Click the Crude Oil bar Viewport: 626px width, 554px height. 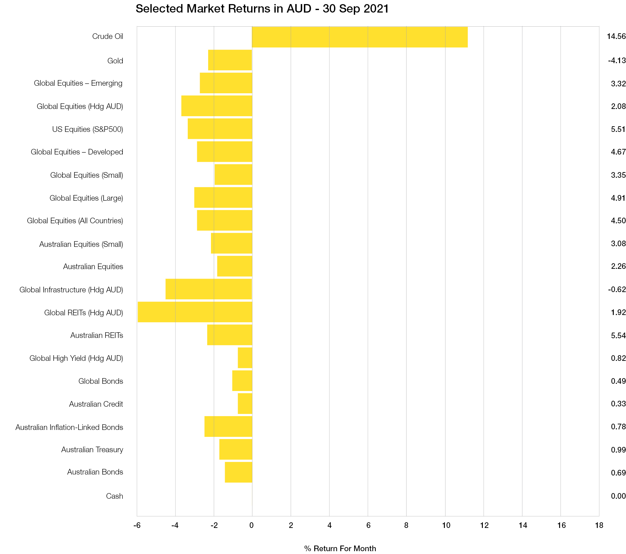pyautogui.click(x=359, y=37)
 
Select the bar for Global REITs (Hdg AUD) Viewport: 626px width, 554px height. pyautogui.click(x=195, y=312)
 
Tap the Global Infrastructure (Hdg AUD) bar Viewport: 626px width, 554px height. pyautogui.click(x=209, y=289)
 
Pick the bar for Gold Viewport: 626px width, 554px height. pyautogui.click(x=230, y=60)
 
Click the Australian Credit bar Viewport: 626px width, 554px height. pyautogui.click(x=245, y=404)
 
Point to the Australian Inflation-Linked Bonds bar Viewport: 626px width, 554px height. pyautogui.click(x=228, y=426)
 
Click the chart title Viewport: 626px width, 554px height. pyautogui.click(x=262, y=9)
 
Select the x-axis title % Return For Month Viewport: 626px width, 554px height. pyautogui.click(x=340, y=548)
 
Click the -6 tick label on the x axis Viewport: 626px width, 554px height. pyautogui.click(x=137, y=525)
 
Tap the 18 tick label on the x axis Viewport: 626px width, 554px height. pyautogui.click(x=599, y=525)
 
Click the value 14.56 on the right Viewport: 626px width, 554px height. pyautogui.click(x=616, y=36)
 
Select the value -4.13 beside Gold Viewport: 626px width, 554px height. pyautogui.click(x=617, y=61)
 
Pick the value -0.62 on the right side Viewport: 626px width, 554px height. pyautogui.click(x=617, y=290)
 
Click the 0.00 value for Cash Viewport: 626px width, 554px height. pyautogui.click(x=618, y=496)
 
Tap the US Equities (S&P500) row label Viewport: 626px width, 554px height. pyautogui.click(x=88, y=129)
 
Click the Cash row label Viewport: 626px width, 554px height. pyautogui.click(x=115, y=496)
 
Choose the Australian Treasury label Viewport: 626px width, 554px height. pyautogui.click(x=92, y=450)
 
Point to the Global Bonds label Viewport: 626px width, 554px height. pyautogui.click(x=100, y=381)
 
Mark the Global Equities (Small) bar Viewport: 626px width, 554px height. pyautogui.click(x=233, y=175)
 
